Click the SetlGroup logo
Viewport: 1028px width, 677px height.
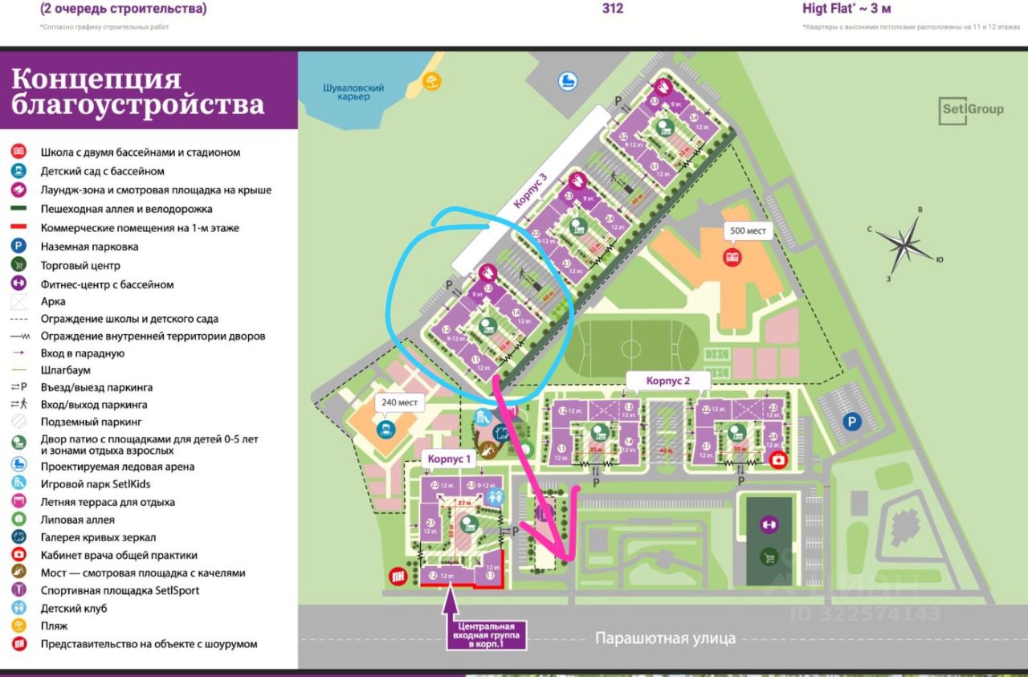[x=971, y=110]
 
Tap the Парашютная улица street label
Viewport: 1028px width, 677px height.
[x=665, y=638]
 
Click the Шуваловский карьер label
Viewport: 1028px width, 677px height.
[x=353, y=92]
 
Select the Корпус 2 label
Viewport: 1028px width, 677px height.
[x=657, y=380]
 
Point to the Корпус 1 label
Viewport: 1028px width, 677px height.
[x=451, y=458]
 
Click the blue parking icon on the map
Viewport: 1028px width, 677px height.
[x=850, y=421]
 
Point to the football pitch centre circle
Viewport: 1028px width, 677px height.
[x=631, y=349]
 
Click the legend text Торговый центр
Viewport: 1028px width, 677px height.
[x=80, y=266]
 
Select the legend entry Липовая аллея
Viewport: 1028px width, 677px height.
[x=78, y=520]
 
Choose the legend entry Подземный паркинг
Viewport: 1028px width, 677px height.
[x=92, y=422]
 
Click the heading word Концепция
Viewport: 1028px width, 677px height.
[x=96, y=80]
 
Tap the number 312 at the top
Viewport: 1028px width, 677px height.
[x=612, y=9]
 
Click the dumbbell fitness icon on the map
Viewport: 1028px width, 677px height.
[x=769, y=524]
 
